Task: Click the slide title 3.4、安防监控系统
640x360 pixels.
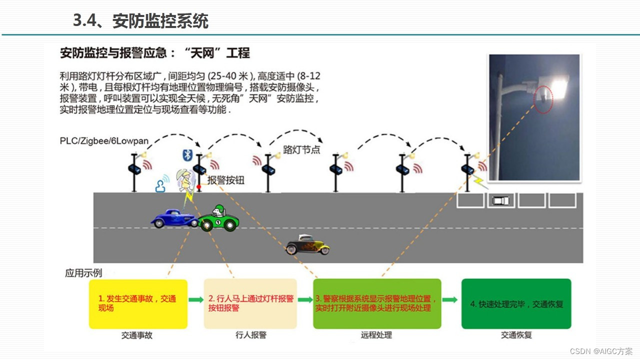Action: point(140,21)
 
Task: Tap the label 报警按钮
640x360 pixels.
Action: point(226,180)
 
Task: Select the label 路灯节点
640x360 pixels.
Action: point(301,149)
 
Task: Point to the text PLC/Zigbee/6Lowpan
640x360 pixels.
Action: point(104,141)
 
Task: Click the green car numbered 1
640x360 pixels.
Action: point(218,219)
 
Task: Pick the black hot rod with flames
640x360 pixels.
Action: point(307,245)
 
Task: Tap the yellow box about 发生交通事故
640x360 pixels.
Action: point(138,303)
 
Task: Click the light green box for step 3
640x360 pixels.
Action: point(377,303)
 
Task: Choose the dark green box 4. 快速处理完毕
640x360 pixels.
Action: point(516,303)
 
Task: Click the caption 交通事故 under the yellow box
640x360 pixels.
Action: point(137,335)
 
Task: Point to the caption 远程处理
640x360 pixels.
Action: point(376,335)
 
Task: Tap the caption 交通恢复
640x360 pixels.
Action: point(516,335)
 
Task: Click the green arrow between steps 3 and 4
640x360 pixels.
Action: point(450,300)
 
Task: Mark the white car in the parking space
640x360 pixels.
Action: point(501,200)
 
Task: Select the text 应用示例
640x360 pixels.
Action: point(83,273)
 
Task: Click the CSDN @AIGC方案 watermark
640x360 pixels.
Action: point(601,351)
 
